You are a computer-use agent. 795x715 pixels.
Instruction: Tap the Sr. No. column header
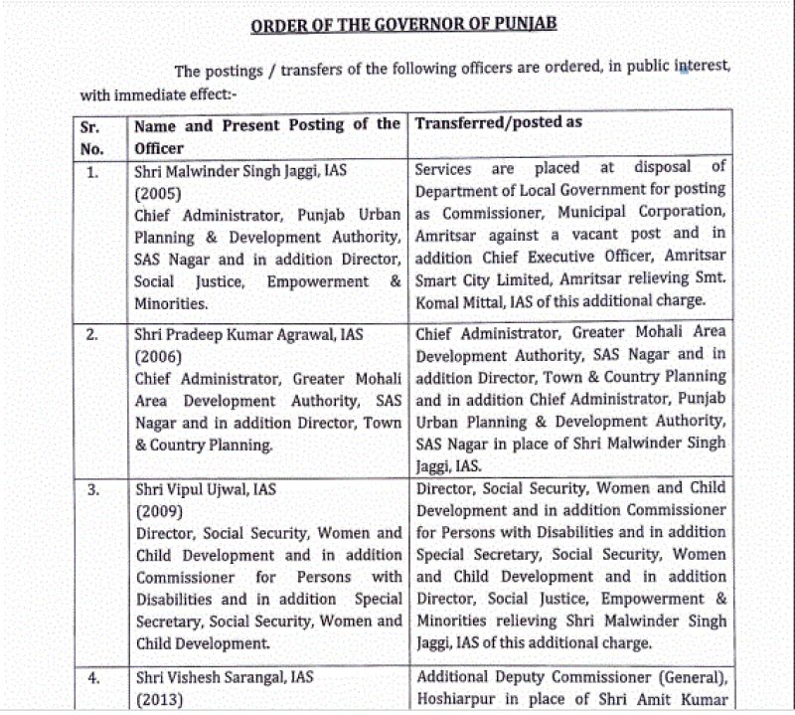[92, 136]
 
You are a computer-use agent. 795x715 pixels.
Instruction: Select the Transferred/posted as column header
[498, 123]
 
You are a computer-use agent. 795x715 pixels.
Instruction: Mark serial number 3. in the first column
[92, 489]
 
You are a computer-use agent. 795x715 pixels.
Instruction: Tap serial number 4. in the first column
[92, 677]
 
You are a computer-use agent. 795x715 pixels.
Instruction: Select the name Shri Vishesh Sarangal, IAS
[224, 677]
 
